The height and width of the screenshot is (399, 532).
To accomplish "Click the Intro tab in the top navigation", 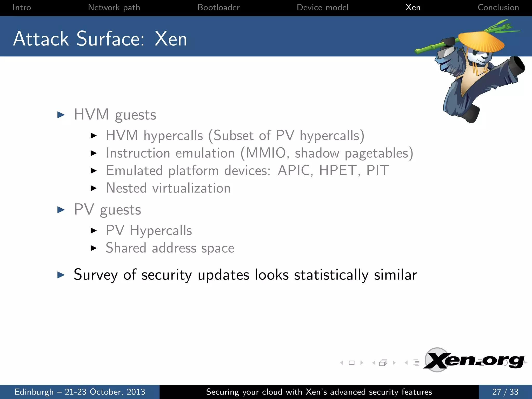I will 22,8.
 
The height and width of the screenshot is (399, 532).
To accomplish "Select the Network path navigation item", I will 114,8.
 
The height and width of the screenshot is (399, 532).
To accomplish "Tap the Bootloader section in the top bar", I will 218,8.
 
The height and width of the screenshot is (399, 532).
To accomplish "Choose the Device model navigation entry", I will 322,8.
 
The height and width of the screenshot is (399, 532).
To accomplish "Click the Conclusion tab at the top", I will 498,8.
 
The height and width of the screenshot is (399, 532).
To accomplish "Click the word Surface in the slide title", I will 110,39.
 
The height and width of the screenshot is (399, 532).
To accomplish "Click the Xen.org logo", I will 474,361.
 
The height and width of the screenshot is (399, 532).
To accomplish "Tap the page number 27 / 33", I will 505,392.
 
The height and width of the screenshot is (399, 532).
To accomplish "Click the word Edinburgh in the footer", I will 34,392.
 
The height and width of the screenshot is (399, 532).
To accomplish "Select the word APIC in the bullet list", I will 294,171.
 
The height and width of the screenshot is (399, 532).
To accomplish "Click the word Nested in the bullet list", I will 126,188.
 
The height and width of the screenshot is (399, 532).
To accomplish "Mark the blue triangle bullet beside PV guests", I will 61,210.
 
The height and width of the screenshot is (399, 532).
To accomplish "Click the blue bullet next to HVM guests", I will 61,115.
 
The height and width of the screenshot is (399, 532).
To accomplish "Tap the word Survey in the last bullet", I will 96,275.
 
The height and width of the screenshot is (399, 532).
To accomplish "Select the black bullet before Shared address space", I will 94,248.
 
